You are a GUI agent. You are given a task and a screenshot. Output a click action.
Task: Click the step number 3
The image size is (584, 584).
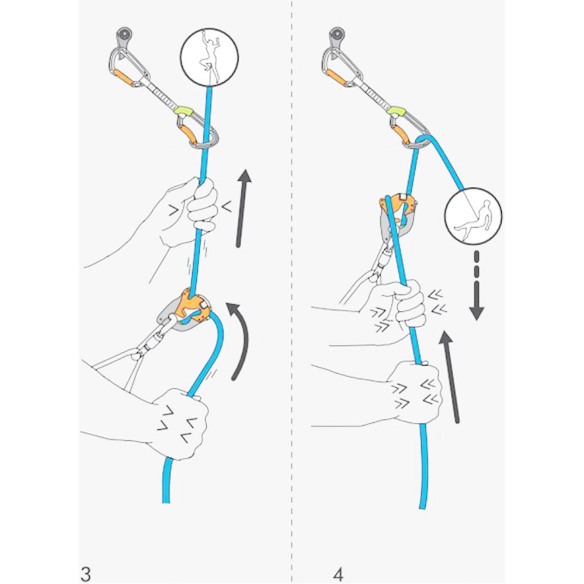(85, 572)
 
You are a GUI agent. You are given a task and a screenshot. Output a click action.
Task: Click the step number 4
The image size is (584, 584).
(338, 572)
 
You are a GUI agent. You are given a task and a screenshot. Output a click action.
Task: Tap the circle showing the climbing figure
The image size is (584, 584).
(210, 55)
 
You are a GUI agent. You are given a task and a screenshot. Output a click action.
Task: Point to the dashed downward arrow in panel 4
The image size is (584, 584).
(477, 286)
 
